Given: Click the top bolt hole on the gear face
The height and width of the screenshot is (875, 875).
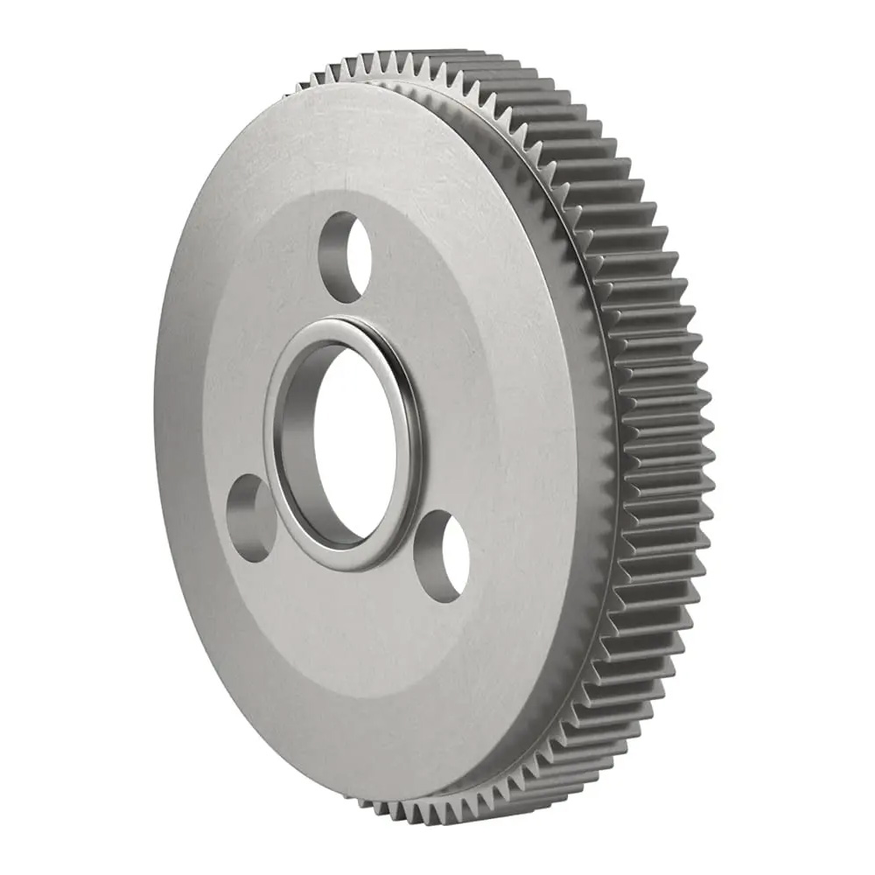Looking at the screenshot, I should [x=345, y=256].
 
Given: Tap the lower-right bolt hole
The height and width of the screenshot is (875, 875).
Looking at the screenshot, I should [x=442, y=556].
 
